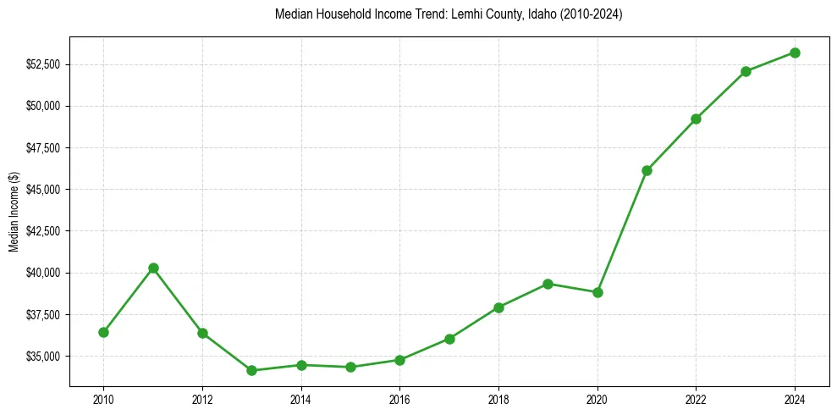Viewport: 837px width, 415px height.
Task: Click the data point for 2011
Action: coord(153,268)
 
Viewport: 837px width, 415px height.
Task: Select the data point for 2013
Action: coord(251,370)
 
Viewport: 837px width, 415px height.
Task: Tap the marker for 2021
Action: coord(647,170)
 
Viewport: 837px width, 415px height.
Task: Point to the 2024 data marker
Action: coord(795,53)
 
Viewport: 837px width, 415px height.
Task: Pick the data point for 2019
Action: coord(548,284)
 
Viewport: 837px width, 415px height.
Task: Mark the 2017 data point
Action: coord(449,339)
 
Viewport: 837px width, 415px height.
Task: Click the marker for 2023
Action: coord(746,71)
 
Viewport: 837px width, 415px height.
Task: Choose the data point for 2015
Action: coord(350,367)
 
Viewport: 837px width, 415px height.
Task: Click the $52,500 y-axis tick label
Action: coord(41,64)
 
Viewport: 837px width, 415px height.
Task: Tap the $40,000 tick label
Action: coord(41,273)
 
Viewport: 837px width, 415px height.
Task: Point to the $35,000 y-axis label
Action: coord(41,357)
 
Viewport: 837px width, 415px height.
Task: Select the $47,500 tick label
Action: coord(41,148)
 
